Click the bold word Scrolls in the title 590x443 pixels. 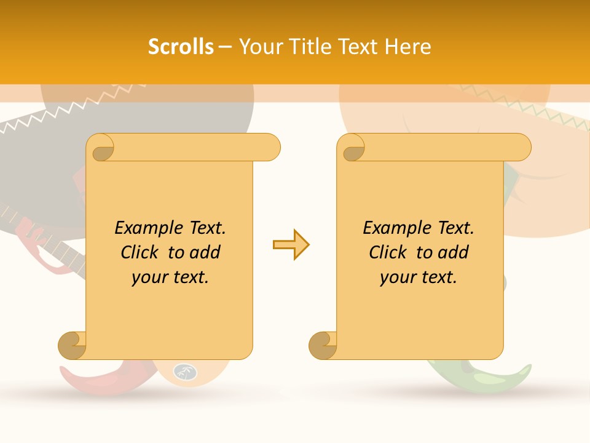(181, 47)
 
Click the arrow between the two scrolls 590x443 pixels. (291, 245)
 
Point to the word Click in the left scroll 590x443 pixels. (142, 252)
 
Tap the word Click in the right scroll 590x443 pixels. (390, 252)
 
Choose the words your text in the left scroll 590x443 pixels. (170, 277)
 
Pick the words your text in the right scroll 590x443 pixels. (419, 277)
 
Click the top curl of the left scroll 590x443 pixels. (101, 148)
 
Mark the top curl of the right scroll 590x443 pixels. (352, 148)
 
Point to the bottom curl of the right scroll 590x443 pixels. (323, 345)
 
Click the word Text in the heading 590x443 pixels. (359, 47)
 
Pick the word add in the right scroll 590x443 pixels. (454, 252)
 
